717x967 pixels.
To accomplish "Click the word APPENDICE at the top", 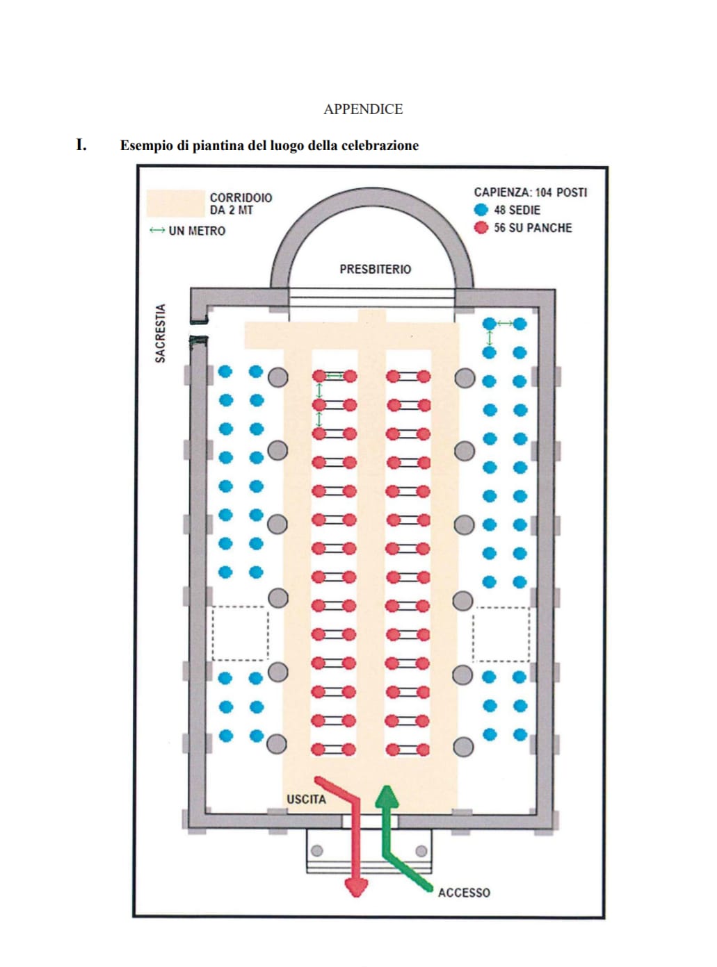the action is click(x=363, y=109).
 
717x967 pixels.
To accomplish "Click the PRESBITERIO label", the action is click(x=375, y=269).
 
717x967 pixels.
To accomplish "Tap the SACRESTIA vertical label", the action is click(x=160, y=333).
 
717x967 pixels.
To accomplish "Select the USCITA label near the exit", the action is click(x=306, y=799).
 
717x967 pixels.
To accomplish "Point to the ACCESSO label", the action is click(x=464, y=893).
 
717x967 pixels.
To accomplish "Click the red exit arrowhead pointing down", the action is click(x=356, y=887).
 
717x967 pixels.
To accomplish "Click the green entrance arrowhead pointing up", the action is click(x=387, y=796).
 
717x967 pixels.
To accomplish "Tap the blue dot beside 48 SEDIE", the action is click(x=481, y=210).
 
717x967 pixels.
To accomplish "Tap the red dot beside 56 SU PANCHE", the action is click(x=481, y=228).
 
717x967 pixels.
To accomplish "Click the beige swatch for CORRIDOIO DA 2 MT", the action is click(x=175, y=203).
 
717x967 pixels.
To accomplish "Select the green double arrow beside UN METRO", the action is click(x=157, y=230).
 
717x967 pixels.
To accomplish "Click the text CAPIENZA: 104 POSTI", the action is click(x=531, y=192).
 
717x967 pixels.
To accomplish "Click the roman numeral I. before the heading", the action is click(x=81, y=144).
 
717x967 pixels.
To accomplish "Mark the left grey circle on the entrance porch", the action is click(x=317, y=850).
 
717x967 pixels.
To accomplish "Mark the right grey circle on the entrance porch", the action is click(x=421, y=850).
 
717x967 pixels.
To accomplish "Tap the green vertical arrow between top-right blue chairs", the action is click(x=490, y=338).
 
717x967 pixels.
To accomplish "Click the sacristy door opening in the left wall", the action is click(x=199, y=330).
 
